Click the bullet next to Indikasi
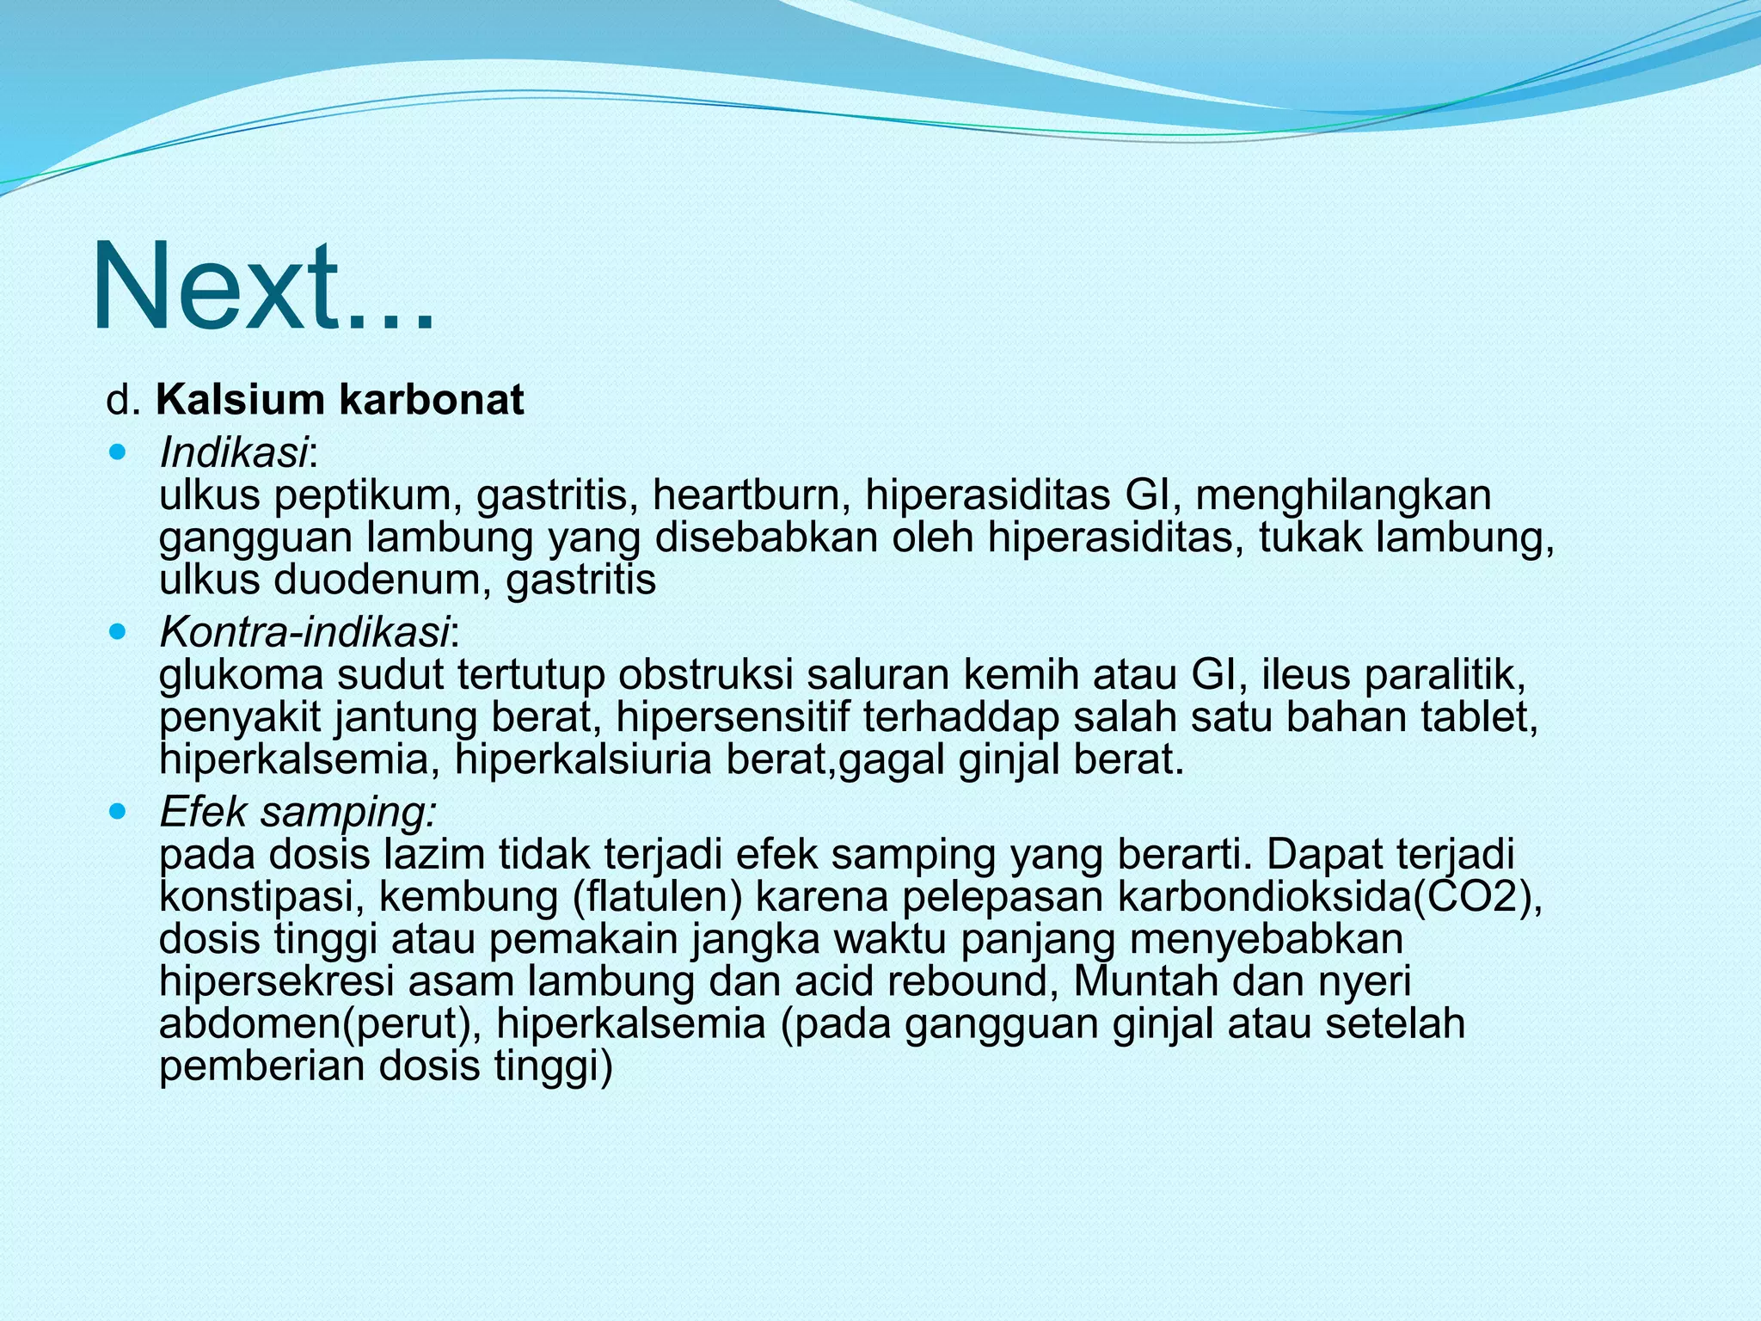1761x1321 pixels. [x=119, y=451]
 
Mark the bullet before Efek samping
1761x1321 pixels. [x=119, y=811]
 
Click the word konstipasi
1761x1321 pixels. [x=261, y=897]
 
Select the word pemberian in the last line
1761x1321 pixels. [x=261, y=1066]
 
